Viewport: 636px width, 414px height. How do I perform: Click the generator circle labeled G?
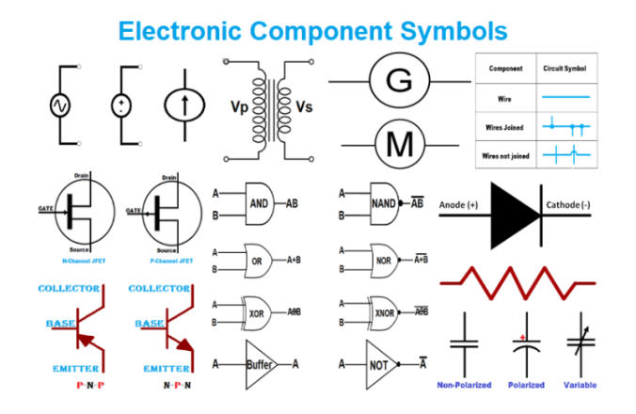pos(399,82)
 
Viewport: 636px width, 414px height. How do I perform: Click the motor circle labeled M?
pos(399,145)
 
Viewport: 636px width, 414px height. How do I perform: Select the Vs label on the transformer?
pos(303,106)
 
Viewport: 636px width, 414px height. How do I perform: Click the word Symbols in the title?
pos(442,30)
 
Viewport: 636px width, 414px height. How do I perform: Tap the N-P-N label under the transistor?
pos(178,386)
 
